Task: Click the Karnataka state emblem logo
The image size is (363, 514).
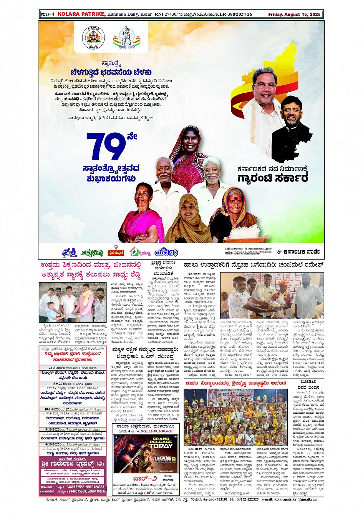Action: pos(93,38)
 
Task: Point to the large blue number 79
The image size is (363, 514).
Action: pos(106,146)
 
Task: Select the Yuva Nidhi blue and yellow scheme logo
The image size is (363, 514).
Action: pos(166,252)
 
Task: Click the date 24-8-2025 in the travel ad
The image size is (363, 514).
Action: pos(53,368)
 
